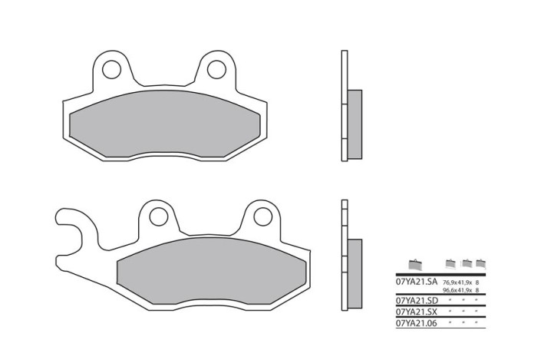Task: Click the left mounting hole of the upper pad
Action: (112, 69)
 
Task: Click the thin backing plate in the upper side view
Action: (344, 106)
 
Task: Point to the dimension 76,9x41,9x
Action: (457, 283)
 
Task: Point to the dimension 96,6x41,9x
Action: (457, 291)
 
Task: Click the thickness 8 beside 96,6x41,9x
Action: (477, 291)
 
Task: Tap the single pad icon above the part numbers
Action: (415, 266)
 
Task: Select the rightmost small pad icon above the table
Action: (480, 263)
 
